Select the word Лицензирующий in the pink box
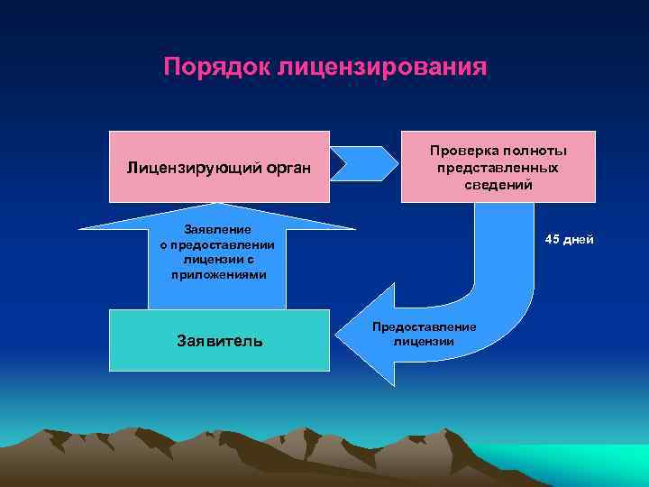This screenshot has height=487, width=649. [x=189, y=167]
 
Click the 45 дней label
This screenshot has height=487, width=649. [x=567, y=239]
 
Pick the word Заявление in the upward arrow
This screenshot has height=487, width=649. [x=218, y=229]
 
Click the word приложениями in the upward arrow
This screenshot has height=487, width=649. [x=218, y=273]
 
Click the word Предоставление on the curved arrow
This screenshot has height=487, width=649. [x=424, y=326]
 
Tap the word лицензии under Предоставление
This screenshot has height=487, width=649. [x=424, y=341]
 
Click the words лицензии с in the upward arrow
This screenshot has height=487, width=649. [x=218, y=259]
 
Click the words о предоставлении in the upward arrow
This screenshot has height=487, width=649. [x=218, y=244]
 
